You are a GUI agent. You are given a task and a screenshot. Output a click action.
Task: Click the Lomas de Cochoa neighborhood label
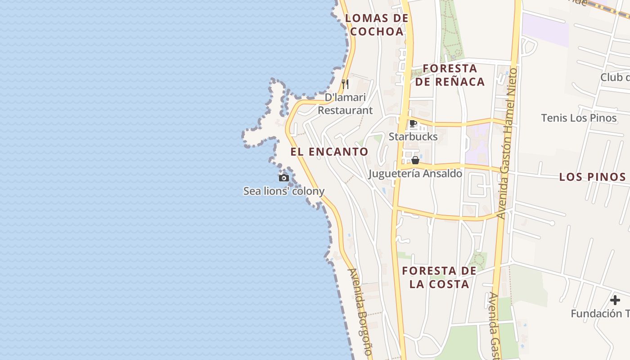pyautogui.click(x=377, y=25)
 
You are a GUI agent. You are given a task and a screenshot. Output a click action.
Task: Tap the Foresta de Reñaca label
pyautogui.click(x=450, y=75)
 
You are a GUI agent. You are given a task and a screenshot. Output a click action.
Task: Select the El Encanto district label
pyautogui.click(x=329, y=152)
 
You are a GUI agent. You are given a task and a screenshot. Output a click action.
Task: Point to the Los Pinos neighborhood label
pyautogui.click(x=592, y=177)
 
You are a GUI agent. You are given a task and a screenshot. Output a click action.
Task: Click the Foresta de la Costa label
pyautogui.click(x=439, y=277)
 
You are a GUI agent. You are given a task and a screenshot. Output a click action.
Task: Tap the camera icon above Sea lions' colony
pyautogui.click(x=283, y=178)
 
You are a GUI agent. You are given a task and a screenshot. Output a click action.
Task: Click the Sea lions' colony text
pyautogui.click(x=283, y=191)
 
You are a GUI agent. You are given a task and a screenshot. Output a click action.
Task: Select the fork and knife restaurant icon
pyautogui.click(x=345, y=84)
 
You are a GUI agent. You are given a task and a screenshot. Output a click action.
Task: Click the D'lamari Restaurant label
pyautogui.click(x=345, y=104)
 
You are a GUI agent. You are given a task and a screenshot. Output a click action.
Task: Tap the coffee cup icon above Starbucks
pyautogui.click(x=413, y=124)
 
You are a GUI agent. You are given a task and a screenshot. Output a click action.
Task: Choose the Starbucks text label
pyautogui.click(x=413, y=136)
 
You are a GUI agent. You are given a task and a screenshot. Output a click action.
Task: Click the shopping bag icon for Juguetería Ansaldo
pyautogui.click(x=415, y=160)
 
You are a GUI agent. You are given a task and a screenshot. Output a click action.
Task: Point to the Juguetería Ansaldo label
pyautogui.click(x=415, y=173)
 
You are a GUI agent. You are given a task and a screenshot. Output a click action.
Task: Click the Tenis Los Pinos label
pyautogui.click(x=579, y=118)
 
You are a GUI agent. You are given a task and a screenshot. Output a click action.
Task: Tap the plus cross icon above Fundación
pyautogui.click(x=615, y=300)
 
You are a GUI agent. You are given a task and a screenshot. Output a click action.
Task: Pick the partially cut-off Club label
pyautogui.click(x=614, y=77)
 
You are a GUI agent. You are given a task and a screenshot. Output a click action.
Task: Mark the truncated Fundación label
pyautogui.click(x=600, y=314)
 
